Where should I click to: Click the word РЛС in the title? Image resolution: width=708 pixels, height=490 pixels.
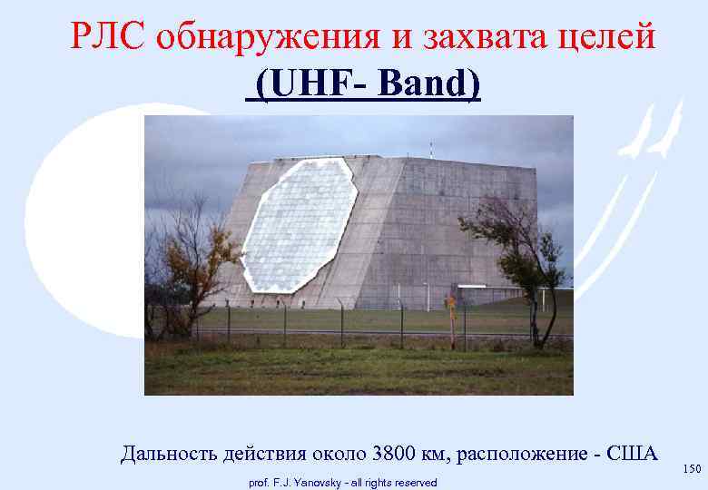pyautogui.click(x=108, y=37)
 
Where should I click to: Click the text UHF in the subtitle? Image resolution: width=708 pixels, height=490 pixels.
pyautogui.click(x=304, y=86)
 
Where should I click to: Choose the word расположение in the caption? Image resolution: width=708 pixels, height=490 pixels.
pyautogui.click(x=523, y=454)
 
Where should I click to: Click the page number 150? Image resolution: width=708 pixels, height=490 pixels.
pyautogui.click(x=693, y=468)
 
